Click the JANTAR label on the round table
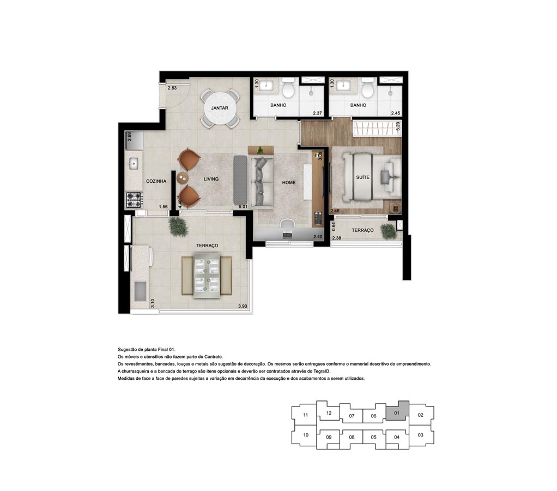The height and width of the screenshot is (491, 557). tap(220, 108)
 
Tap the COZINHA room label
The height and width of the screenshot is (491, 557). tap(156, 181)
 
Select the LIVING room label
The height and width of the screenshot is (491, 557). tap(211, 179)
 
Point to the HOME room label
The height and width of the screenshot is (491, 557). tap(289, 183)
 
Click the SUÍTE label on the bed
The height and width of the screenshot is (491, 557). tap(362, 177)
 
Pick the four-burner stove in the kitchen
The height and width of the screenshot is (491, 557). tap(134, 200)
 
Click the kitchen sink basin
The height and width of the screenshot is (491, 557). tap(134, 164)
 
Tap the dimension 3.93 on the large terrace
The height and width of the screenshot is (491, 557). tap(243, 306)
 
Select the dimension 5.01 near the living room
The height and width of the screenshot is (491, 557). tap(243, 207)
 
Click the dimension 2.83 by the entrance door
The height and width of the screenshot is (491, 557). tap(172, 88)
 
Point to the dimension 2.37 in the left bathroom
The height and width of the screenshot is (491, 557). tap(317, 113)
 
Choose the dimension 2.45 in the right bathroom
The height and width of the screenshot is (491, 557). tap(395, 113)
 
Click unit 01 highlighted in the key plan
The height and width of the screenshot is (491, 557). tap(397, 412)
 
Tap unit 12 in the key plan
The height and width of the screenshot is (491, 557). tap(329, 413)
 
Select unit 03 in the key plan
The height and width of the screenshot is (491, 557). tap(421, 435)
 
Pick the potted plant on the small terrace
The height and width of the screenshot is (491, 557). tap(388, 231)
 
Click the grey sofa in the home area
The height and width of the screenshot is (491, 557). tap(262, 182)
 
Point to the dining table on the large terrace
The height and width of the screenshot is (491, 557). tap(207, 276)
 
